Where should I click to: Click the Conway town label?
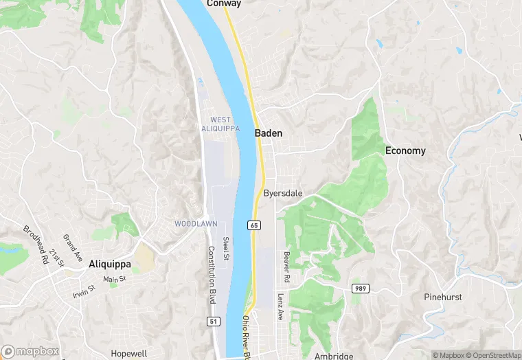coord(224,3)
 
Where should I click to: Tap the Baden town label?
coord(269,133)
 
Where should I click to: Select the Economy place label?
coord(405,150)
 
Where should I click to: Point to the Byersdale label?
coord(283,194)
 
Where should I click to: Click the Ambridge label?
coord(333,356)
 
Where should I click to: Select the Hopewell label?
coord(129,353)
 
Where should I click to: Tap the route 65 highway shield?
coord(254,225)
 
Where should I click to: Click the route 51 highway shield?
coord(213,321)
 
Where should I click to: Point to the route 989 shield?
coord(359,288)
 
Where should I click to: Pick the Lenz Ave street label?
coord(280,306)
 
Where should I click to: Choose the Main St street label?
coord(115,279)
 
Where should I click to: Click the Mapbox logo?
coord(30,351)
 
